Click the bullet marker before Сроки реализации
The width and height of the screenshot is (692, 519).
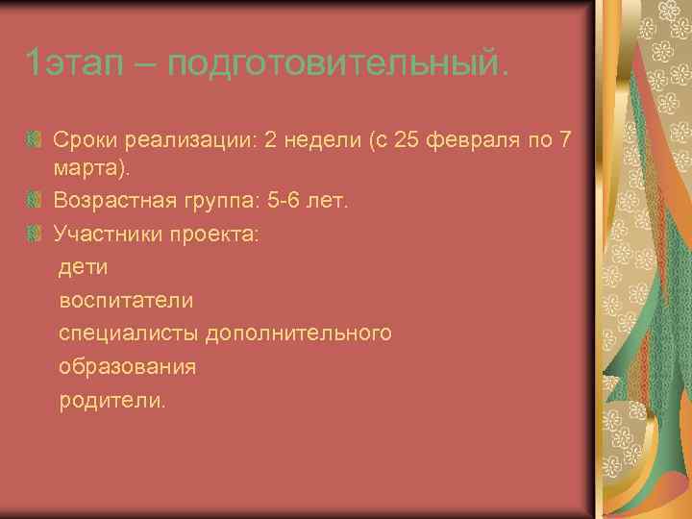click(x=35, y=142)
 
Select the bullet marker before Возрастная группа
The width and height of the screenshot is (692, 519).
click(x=35, y=202)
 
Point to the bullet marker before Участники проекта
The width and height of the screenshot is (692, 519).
click(x=35, y=234)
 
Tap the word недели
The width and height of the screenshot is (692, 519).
click(x=323, y=141)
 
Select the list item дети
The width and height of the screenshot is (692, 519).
click(x=84, y=266)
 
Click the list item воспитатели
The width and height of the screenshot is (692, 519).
click(x=126, y=300)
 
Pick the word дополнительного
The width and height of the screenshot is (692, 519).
click(x=311, y=333)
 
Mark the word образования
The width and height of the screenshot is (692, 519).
click(x=128, y=366)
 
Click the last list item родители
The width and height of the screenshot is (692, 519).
click(x=111, y=400)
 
